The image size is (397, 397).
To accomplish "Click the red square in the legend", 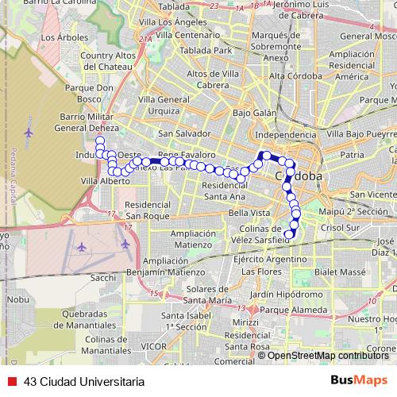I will (12, 380).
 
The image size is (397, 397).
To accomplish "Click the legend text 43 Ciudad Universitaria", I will (84, 380).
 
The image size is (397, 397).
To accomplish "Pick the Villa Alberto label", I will (104, 181).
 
